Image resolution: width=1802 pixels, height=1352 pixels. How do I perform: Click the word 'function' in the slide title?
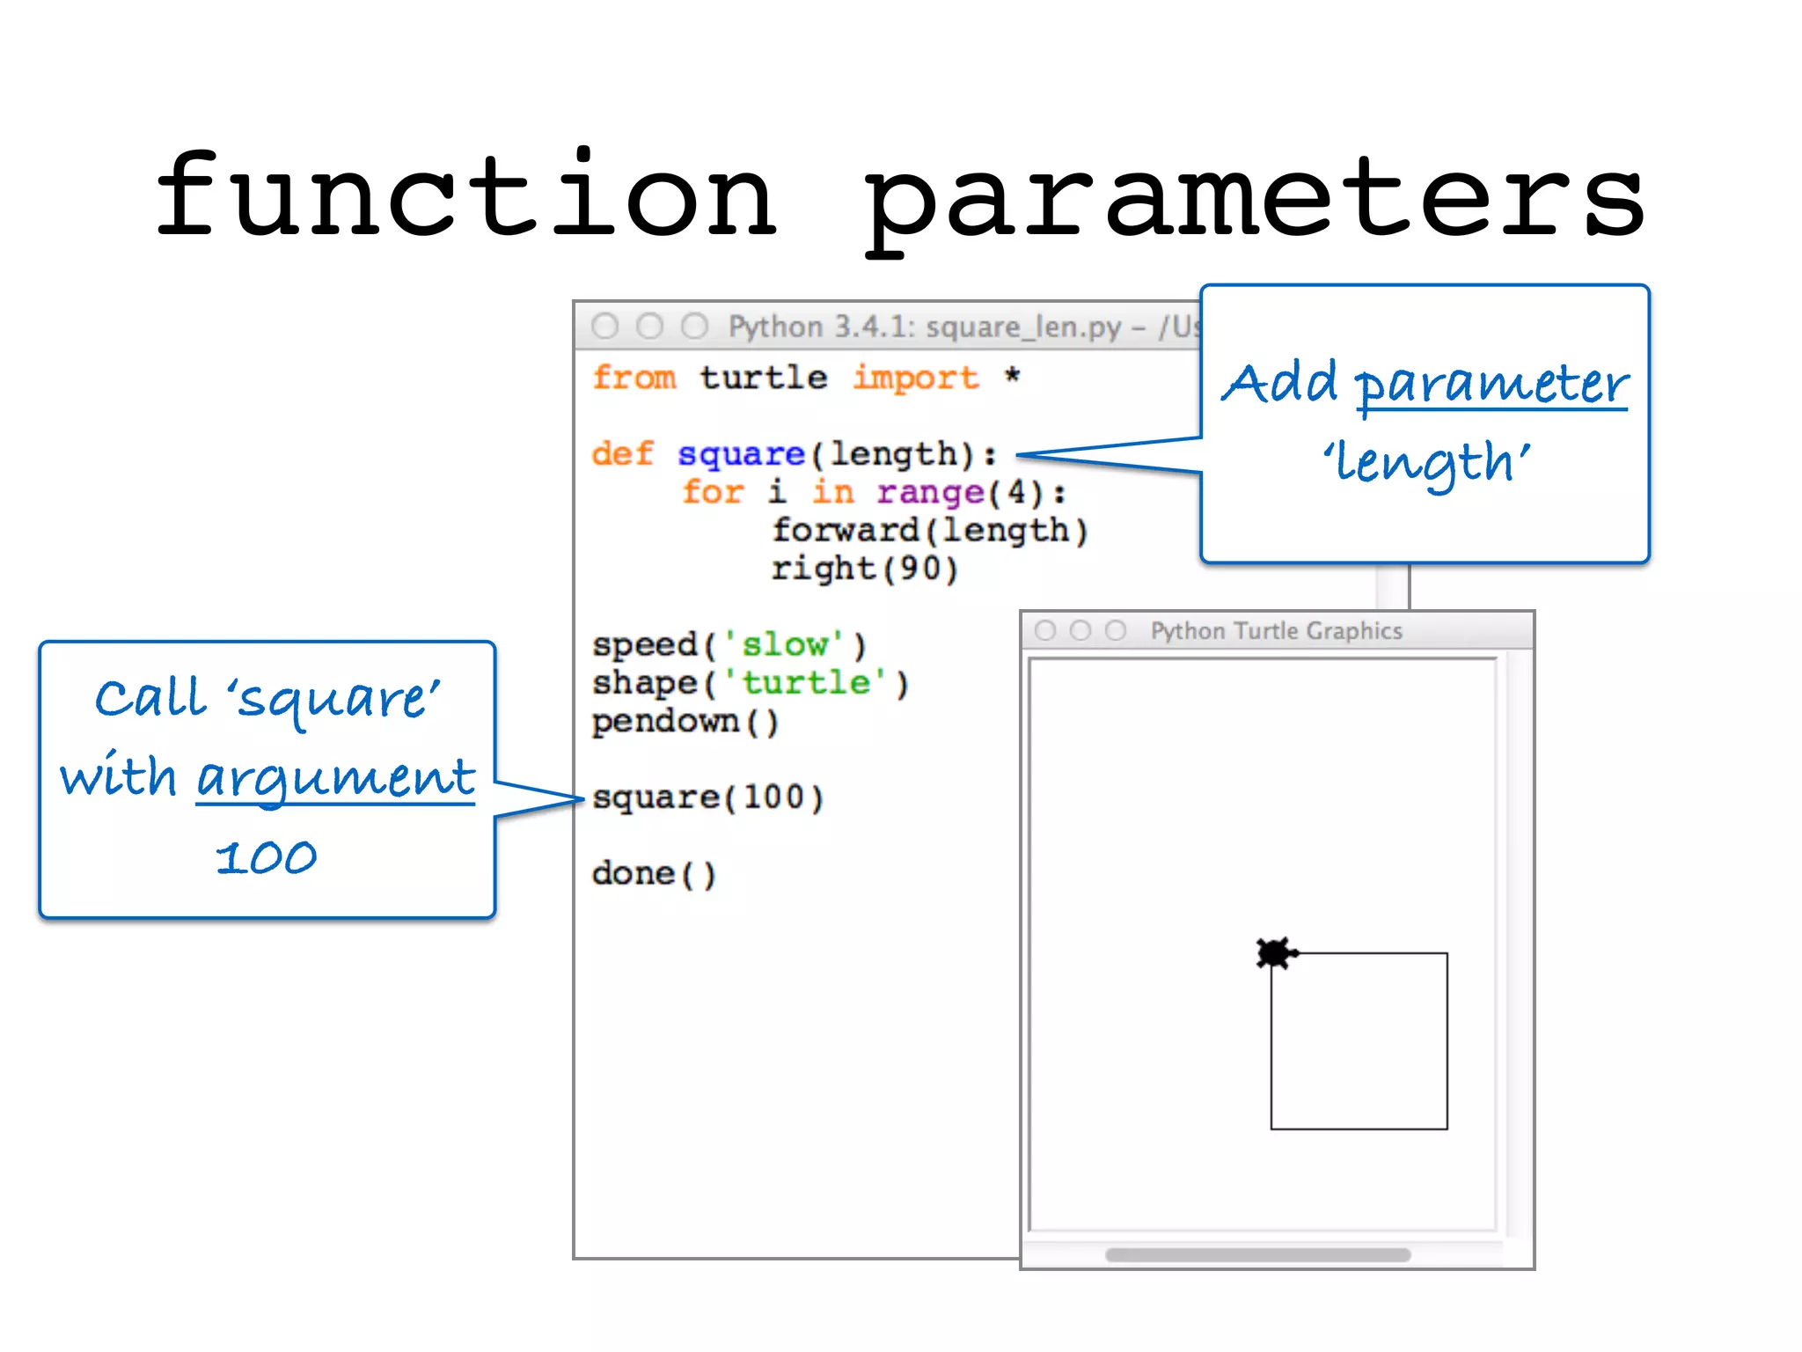click(466, 195)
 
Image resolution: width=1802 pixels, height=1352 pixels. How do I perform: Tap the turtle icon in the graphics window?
click(1275, 953)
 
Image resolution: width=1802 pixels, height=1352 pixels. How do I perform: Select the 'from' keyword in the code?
click(634, 378)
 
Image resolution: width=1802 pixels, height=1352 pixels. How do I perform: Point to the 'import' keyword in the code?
click(916, 378)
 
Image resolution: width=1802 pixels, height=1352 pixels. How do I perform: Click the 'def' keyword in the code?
click(622, 454)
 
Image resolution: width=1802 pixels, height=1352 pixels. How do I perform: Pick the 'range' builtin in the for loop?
click(931, 492)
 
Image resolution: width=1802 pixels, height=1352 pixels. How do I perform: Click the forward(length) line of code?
click(930, 531)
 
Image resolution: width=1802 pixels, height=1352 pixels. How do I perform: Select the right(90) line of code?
click(864, 569)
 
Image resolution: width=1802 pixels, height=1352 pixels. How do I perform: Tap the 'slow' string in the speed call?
click(784, 645)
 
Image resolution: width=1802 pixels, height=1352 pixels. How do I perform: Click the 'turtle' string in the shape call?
click(806, 683)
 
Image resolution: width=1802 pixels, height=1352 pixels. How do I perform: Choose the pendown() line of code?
click(685, 722)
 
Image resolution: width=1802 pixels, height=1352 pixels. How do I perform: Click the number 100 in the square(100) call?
click(773, 797)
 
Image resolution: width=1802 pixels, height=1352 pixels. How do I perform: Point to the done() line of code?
click(654, 874)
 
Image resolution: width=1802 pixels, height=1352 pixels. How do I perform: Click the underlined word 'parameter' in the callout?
click(1491, 385)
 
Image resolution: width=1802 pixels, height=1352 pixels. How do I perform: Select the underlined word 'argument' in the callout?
click(335, 778)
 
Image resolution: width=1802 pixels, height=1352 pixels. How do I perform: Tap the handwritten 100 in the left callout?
click(266, 857)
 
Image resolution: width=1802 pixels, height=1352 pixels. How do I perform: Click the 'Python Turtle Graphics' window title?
click(1276, 631)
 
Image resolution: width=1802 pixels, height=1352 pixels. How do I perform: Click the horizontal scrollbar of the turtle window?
click(1257, 1254)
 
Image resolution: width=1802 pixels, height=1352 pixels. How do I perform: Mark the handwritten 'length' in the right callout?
click(1426, 463)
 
